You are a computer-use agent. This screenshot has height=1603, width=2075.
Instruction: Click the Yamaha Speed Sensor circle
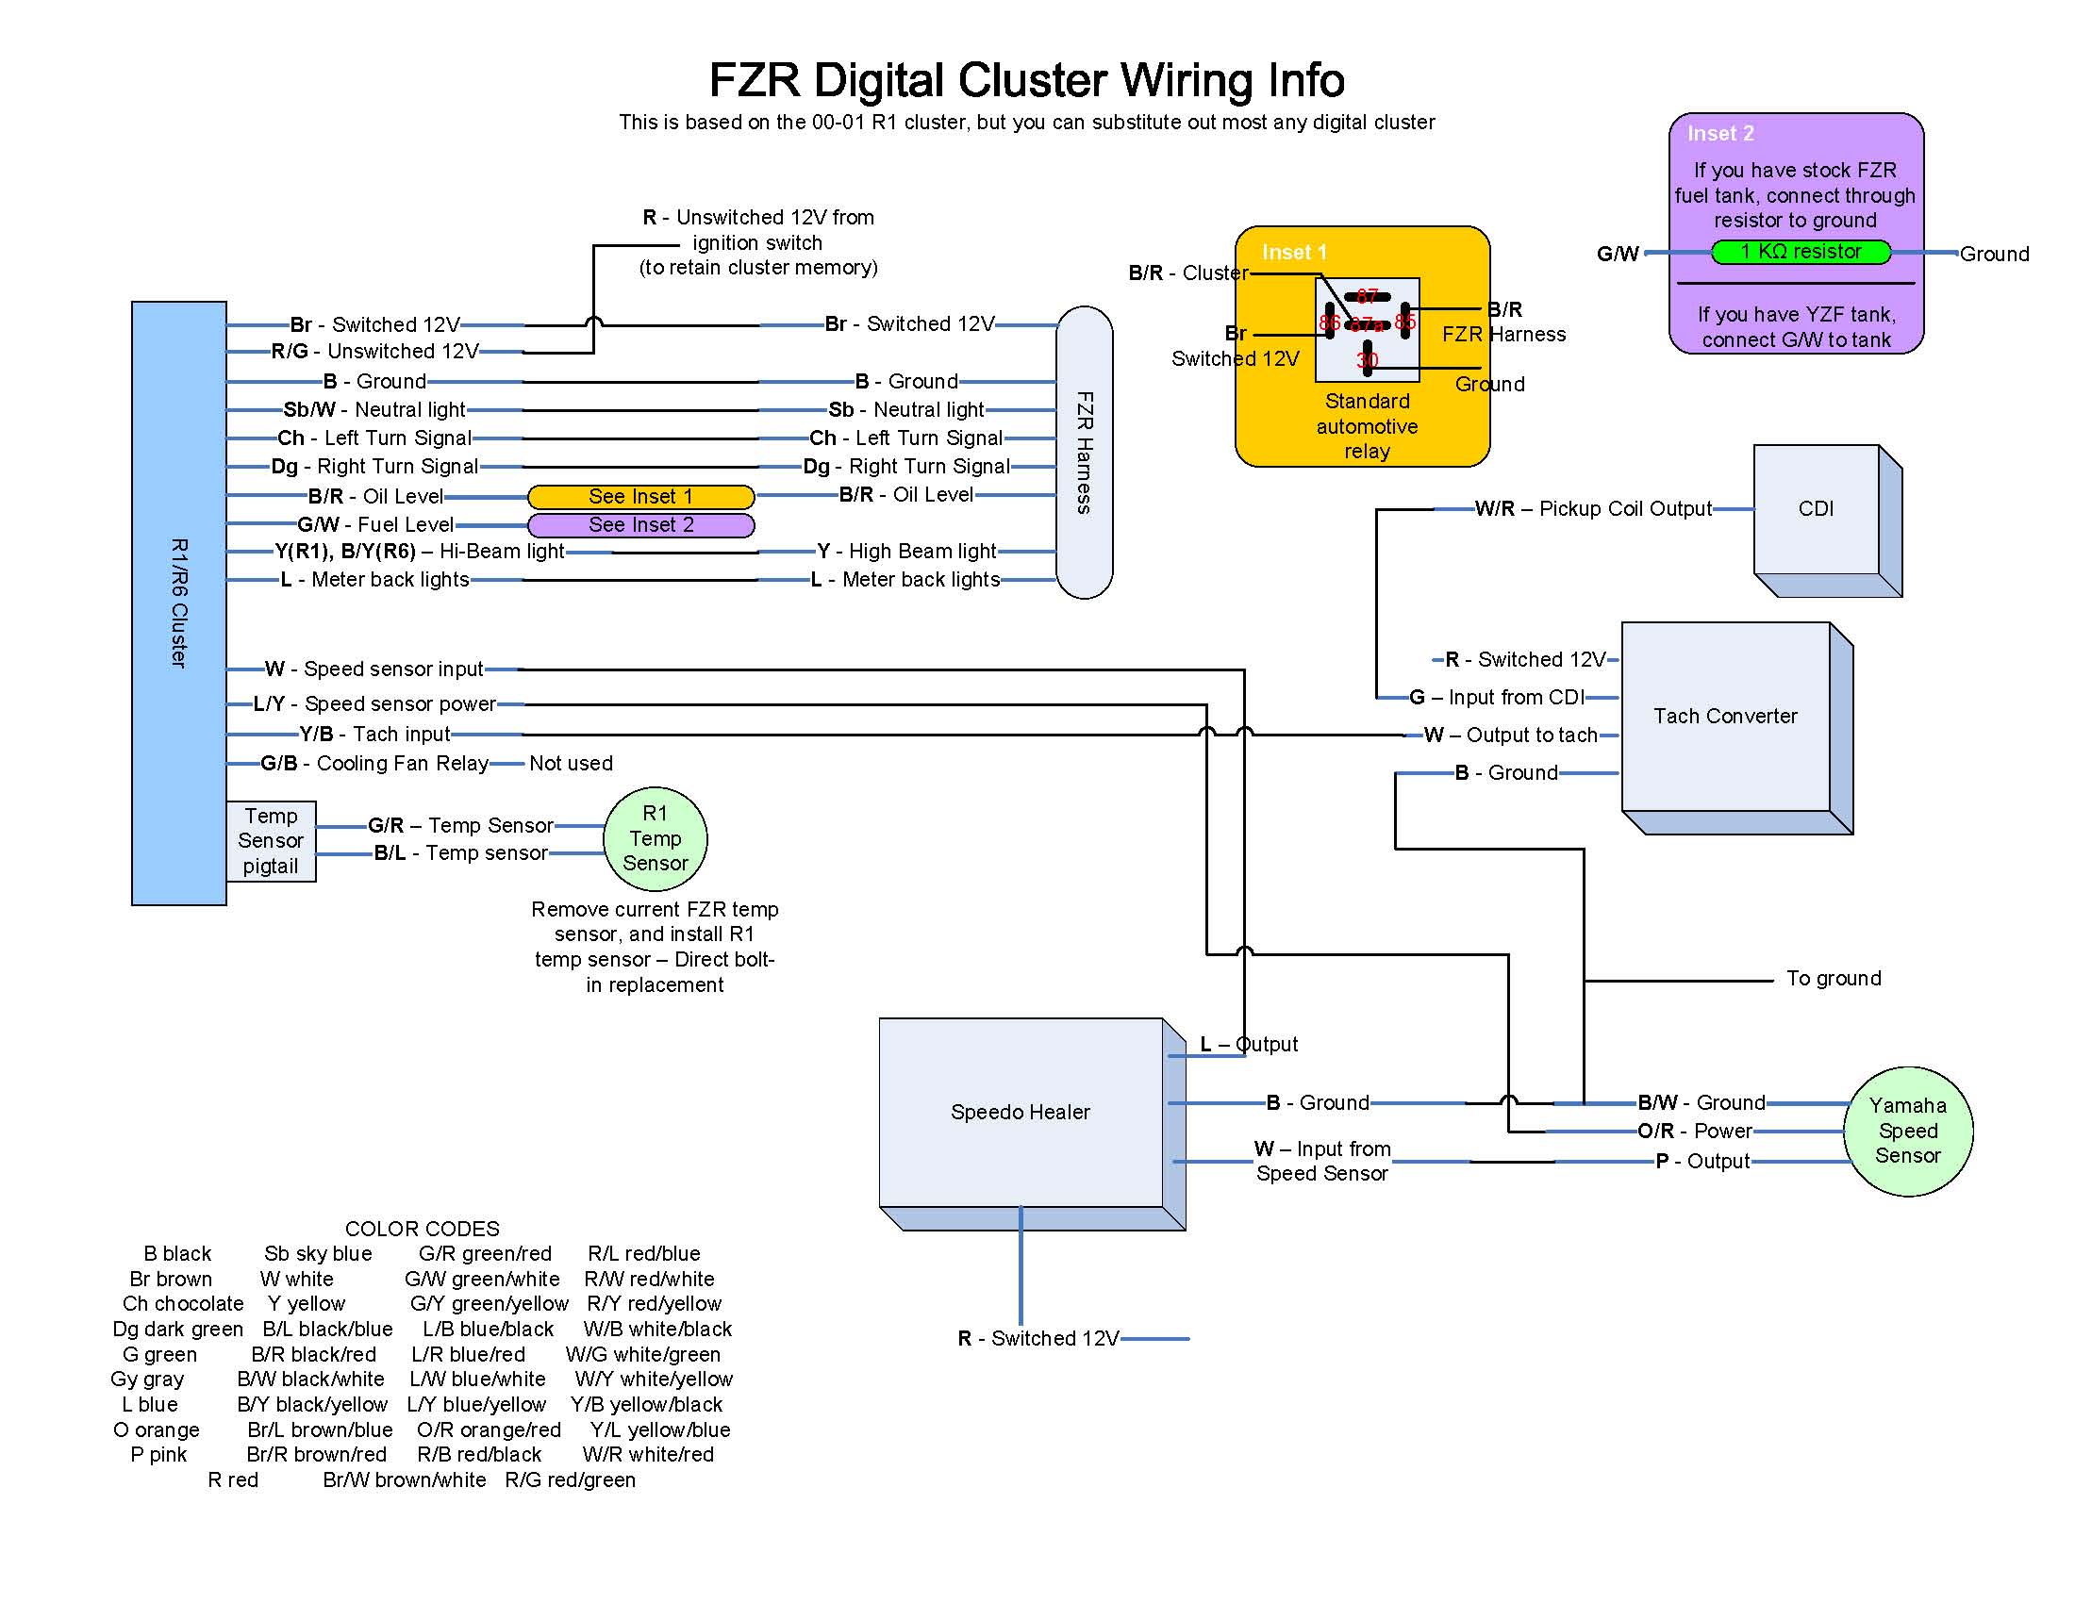click(x=1908, y=1131)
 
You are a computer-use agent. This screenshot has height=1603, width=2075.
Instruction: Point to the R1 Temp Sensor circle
click(x=656, y=838)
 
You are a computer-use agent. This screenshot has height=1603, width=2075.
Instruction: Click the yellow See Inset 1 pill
click(x=640, y=497)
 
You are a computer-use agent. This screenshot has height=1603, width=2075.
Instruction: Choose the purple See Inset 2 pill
click(x=640, y=525)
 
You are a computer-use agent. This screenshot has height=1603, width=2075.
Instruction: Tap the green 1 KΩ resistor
click(x=1801, y=252)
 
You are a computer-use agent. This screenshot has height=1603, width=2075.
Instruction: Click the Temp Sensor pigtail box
click(x=271, y=841)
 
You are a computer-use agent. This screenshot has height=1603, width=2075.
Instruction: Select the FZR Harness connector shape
click(x=1084, y=452)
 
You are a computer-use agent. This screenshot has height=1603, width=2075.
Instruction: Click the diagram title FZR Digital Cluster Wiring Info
click(x=1026, y=81)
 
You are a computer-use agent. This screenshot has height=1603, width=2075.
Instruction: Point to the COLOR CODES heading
click(x=422, y=1229)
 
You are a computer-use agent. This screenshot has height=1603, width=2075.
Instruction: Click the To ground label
click(x=1833, y=979)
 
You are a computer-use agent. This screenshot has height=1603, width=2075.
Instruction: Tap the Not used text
click(x=571, y=764)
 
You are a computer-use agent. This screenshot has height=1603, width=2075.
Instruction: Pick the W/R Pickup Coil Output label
click(x=1592, y=509)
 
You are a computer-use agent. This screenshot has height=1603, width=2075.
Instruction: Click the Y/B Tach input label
click(x=374, y=734)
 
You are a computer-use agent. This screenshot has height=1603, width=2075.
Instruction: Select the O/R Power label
click(x=1694, y=1132)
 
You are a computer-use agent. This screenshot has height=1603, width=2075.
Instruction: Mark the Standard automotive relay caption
click(x=1367, y=426)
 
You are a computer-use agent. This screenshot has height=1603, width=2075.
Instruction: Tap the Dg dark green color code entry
click(x=177, y=1330)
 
